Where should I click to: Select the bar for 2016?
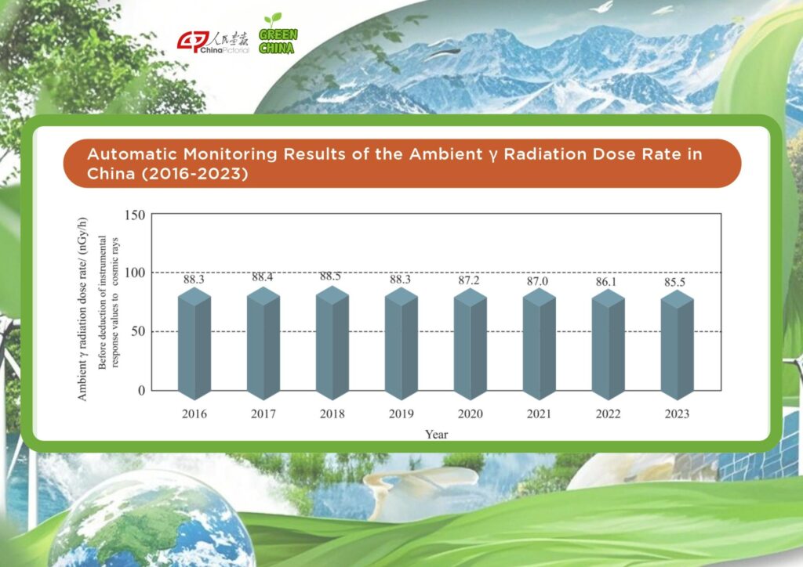click(x=194, y=343)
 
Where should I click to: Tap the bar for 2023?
click(x=677, y=345)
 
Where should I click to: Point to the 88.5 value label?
click(x=330, y=276)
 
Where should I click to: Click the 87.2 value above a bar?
click(x=469, y=280)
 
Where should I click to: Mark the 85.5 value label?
click(x=674, y=282)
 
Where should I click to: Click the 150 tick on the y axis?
click(x=135, y=215)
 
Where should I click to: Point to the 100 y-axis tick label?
click(x=135, y=273)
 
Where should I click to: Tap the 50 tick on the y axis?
click(x=138, y=331)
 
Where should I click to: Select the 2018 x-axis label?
click(x=332, y=414)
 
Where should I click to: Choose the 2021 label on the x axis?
click(x=540, y=414)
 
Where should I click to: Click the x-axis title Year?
click(x=436, y=435)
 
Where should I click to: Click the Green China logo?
click(x=278, y=34)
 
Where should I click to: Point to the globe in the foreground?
click(x=151, y=521)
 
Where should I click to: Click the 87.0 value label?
click(x=537, y=281)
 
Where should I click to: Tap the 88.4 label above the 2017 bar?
click(x=262, y=277)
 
